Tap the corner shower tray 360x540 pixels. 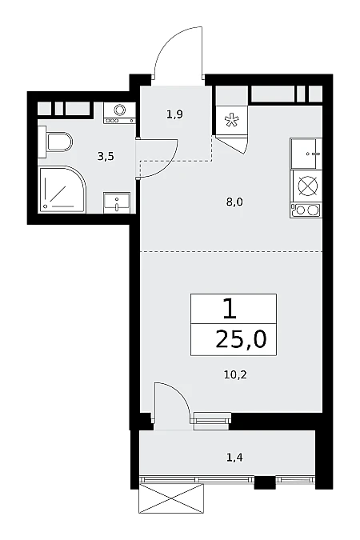[62, 190]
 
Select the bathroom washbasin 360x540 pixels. [117, 203]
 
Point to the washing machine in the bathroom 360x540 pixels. [119, 113]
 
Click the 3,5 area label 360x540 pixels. [106, 157]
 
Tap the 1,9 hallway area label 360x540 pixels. [174, 114]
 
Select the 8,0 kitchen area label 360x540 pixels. [234, 202]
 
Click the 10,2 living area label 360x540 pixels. [236, 374]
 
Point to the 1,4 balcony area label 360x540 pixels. [234, 458]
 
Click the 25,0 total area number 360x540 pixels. [241, 339]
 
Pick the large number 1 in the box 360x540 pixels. [230, 309]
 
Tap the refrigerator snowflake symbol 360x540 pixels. [230, 120]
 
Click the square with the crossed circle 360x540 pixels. [306, 186]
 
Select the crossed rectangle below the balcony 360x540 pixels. [171, 498]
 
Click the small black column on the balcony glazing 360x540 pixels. [265, 482]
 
